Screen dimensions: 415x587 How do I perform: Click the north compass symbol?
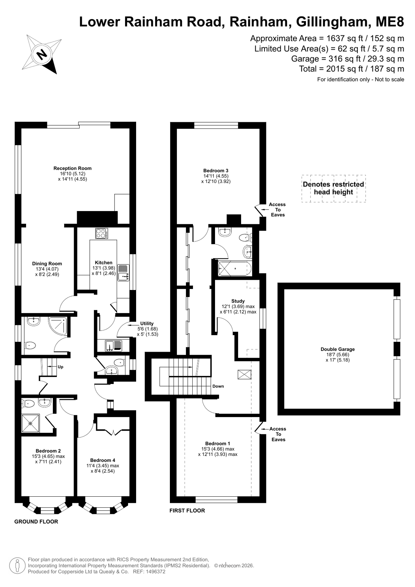pos(42,54)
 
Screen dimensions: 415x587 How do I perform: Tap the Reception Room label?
pos(72,168)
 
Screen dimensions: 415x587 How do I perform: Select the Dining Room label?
pos(47,264)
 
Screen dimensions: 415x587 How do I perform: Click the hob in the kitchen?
pos(101,233)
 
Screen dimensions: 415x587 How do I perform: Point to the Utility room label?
pos(147,323)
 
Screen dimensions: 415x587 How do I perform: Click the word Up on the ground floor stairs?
pos(61,367)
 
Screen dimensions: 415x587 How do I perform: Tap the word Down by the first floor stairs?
pos(218,386)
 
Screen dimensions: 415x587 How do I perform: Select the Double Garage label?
pos(338,349)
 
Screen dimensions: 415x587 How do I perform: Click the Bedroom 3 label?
pos(216,171)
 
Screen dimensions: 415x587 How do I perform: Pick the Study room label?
pos(238,301)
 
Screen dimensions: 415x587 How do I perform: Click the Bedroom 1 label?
pos(218,443)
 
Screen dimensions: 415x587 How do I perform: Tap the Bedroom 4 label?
pos(102,460)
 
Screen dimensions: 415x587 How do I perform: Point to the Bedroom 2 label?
pos(48,451)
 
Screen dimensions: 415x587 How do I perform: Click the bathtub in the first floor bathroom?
pos(235,269)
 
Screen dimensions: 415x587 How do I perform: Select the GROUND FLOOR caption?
pos(36,522)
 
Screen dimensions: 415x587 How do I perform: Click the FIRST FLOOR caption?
pos(187,511)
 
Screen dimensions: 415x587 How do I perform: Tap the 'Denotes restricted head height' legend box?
pos(334,188)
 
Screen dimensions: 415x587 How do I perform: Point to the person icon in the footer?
pos(17,566)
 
